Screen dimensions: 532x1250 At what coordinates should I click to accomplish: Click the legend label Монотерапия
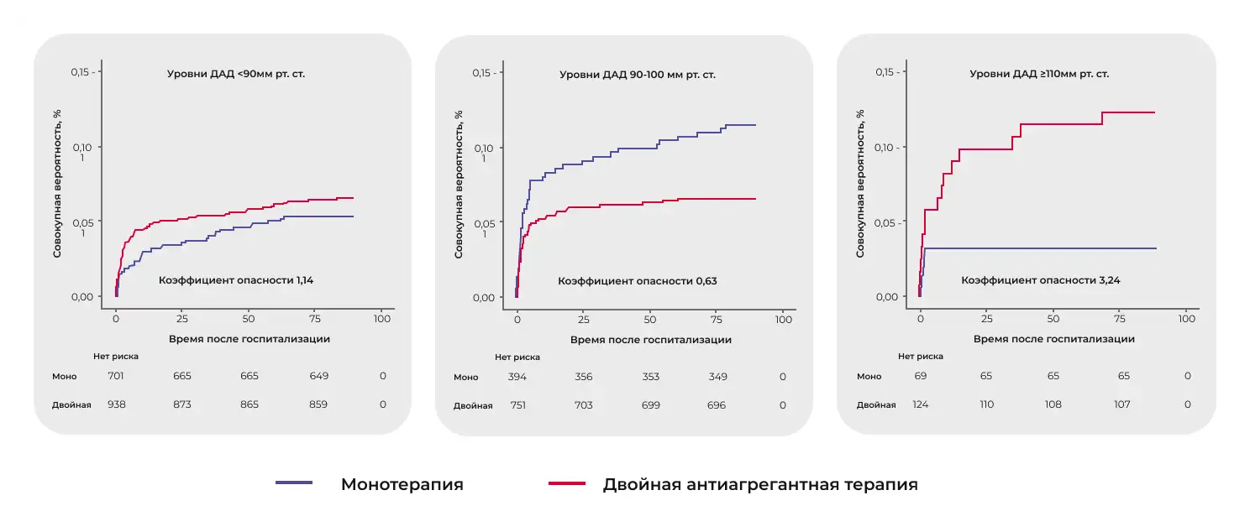(402, 484)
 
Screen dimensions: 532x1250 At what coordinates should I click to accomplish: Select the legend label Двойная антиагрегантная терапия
(759, 484)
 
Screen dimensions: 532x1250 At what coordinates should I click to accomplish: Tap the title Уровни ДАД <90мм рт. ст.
(236, 74)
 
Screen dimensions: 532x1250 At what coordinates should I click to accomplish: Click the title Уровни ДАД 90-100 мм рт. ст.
(638, 75)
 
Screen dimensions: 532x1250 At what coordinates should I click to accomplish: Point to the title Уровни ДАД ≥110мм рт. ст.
(1039, 74)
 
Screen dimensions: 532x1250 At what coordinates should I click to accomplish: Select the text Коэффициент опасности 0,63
(638, 280)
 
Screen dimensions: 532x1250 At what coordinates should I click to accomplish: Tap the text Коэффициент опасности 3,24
(1041, 280)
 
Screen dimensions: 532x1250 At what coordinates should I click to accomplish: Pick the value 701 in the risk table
(117, 376)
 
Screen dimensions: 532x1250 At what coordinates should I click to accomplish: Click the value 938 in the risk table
(117, 404)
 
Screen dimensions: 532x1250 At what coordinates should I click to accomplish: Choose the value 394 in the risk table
(517, 377)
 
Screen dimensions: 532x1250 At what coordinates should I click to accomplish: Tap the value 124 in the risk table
(921, 404)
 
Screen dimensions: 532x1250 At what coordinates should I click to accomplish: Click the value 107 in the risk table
(1122, 404)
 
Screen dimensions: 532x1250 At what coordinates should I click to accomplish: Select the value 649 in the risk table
(318, 376)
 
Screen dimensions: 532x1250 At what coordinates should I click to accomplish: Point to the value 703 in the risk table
(583, 405)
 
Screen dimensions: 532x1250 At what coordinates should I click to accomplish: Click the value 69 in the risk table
(921, 376)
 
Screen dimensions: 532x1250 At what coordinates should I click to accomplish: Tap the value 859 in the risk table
(318, 404)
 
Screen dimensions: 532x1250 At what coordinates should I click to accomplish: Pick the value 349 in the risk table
(719, 377)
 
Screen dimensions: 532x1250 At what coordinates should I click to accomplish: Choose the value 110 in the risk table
(986, 404)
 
